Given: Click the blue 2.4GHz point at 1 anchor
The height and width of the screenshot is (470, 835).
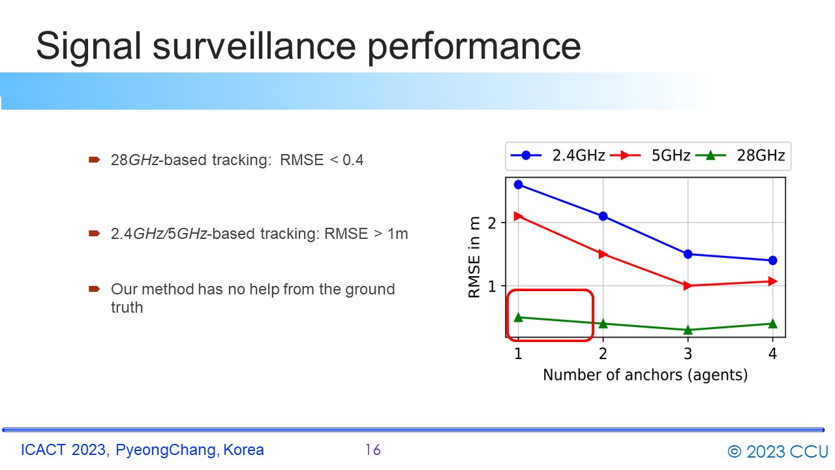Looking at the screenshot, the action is pos(518,185).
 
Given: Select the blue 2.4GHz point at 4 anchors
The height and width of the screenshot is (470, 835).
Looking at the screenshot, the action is pos(773,260).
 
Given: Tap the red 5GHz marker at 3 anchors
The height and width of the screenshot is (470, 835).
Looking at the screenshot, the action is pos(688,286).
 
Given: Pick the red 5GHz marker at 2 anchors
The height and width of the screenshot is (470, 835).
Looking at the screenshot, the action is pos(603,254).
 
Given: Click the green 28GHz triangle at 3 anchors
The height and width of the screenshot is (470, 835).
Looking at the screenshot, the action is pos(688,330).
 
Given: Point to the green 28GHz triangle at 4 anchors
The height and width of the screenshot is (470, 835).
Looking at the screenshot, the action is pos(773,323).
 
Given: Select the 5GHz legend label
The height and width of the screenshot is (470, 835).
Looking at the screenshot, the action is pos(671,155).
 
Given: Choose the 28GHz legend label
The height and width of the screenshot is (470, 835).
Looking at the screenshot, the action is pos(761,155).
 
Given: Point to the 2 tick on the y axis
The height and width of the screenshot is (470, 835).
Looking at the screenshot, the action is pos(492,223).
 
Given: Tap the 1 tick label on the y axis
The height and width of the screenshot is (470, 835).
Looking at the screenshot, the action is pos(492,286).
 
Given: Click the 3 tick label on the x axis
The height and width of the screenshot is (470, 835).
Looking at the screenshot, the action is pos(688,353).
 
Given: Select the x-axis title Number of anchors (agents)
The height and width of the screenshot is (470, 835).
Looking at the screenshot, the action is pos(645,375).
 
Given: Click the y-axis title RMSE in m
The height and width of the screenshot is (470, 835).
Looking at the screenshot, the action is pos(474,257).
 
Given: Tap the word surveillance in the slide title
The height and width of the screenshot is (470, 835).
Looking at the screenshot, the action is pos(254,46).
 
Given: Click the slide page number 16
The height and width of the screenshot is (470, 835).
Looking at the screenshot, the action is pos(372,450).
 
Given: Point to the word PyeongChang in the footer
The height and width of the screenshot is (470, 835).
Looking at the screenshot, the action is pos(166,450).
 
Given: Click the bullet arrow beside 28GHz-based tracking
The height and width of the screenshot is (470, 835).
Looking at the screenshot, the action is pos(95,160).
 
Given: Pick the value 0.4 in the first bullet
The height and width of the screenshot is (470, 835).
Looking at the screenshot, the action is pos(353,160).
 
